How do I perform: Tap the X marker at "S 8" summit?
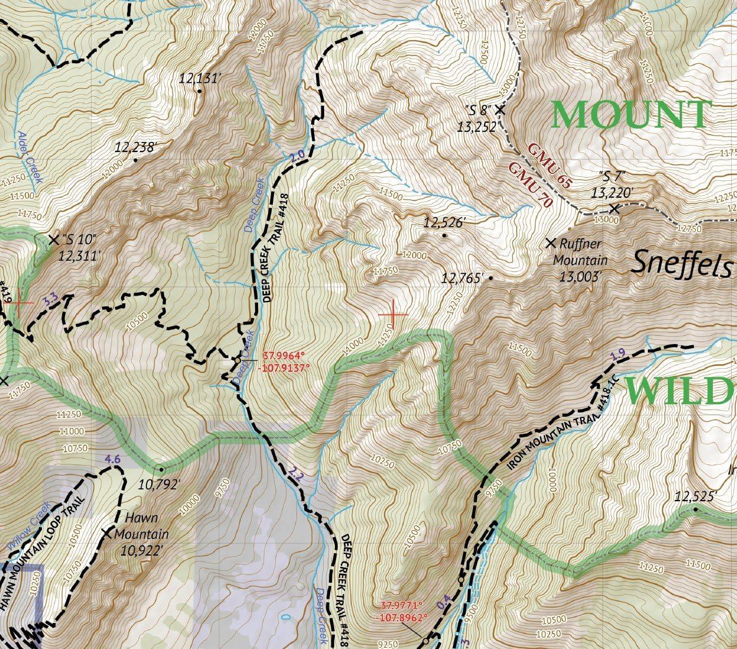(500, 109)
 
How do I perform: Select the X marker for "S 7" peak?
(615, 208)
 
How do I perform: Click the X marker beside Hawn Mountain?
(107, 533)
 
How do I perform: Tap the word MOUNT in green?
(628, 115)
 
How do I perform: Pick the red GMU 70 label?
(530, 184)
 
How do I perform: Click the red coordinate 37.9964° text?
(284, 356)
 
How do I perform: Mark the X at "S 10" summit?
(54, 239)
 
